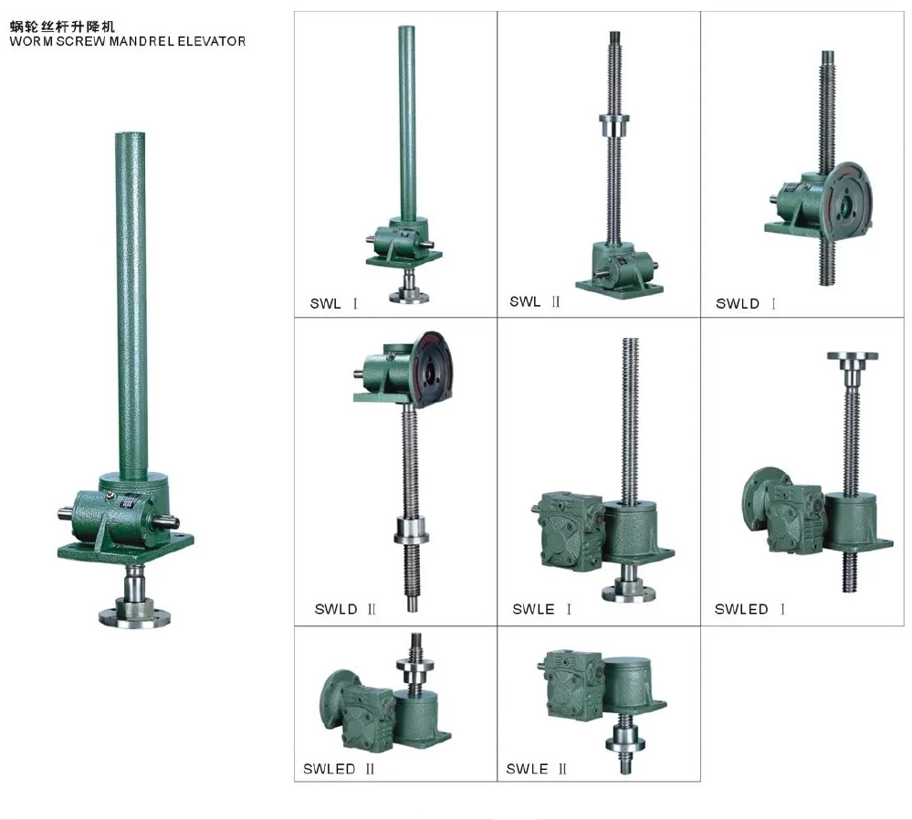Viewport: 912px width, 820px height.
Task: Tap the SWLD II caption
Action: (x=345, y=609)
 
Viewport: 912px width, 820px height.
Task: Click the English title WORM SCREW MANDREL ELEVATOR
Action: (x=127, y=41)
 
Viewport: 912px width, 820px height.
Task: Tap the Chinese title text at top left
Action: (x=63, y=27)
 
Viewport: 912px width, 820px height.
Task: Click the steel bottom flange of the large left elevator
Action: (x=134, y=612)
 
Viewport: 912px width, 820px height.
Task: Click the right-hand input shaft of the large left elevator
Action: (x=173, y=520)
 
